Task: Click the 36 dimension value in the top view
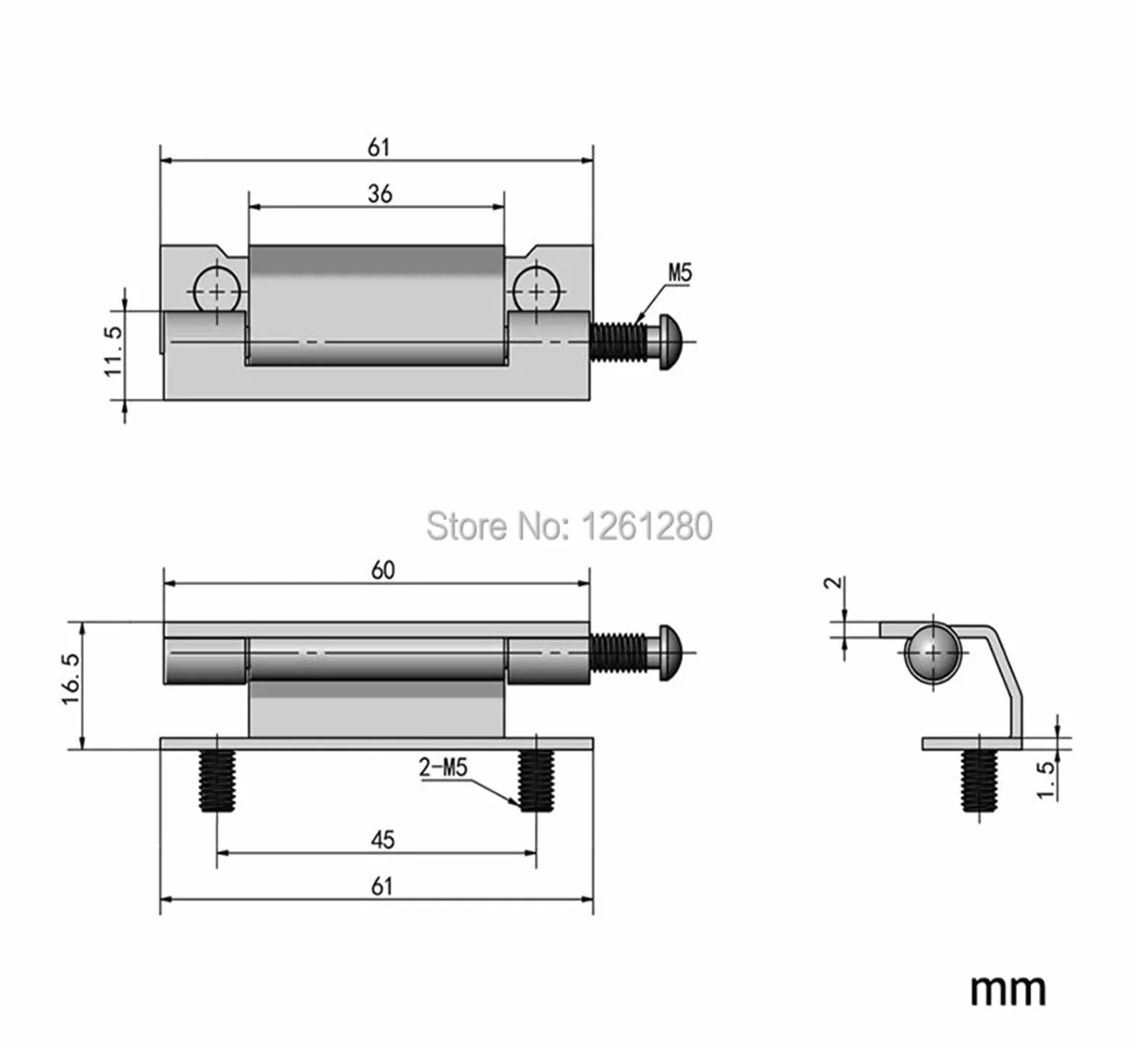(x=380, y=194)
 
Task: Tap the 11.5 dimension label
(x=114, y=351)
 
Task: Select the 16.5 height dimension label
(x=71, y=679)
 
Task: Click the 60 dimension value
(x=383, y=570)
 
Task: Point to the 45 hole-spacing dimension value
(x=383, y=840)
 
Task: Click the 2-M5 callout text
(x=443, y=767)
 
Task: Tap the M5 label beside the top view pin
(x=680, y=273)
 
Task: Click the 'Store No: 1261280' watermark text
(x=569, y=525)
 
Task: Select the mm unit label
(x=1008, y=990)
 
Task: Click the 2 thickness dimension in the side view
(x=835, y=582)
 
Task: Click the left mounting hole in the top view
(x=217, y=292)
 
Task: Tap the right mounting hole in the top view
(x=537, y=292)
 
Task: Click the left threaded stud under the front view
(x=217, y=781)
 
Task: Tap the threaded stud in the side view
(x=979, y=781)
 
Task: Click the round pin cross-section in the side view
(x=933, y=653)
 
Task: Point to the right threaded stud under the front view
(x=536, y=781)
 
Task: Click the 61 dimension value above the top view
(x=379, y=148)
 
